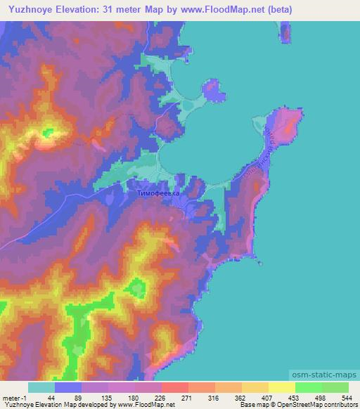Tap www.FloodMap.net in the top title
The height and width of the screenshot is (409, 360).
[224, 11]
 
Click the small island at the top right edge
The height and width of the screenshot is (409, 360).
[285, 31]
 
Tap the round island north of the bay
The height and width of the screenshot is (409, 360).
[212, 90]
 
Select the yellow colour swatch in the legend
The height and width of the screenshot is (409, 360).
[281, 387]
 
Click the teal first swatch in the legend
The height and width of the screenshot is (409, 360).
[41, 387]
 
